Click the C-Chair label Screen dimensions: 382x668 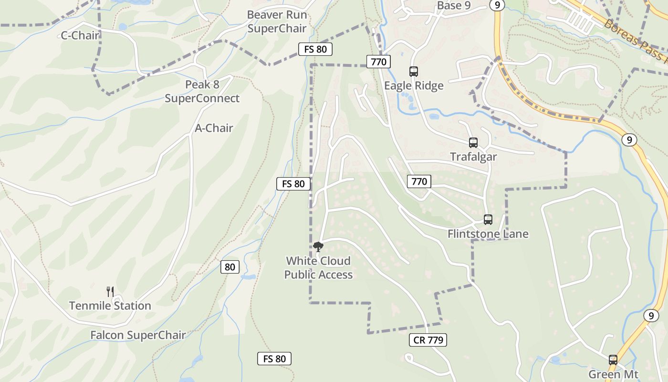[80, 35]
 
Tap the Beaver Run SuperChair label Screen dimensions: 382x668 [277, 21]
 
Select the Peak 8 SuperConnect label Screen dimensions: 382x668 [202, 91]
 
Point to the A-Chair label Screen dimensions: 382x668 [214, 128]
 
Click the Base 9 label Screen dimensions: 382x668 [457, 6]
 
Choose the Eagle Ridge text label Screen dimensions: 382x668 [414, 85]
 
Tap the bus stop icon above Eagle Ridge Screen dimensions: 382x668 [414, 72]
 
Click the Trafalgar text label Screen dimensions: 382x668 [473, 157]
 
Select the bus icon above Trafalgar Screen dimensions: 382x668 [473, 142]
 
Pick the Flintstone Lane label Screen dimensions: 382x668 [488, 233]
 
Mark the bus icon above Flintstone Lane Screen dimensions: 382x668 [488, 220]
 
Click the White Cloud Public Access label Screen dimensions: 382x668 [318, 267]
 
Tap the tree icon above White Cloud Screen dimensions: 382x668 [318, 246]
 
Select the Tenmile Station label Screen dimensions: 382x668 [110, 306]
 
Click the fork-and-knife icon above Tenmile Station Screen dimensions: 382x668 [110, 291]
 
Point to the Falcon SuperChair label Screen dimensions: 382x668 [138, 335]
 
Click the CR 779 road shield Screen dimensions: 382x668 [428, 340]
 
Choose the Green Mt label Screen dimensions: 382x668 [613, 374]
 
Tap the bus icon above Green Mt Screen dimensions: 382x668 [613, 360]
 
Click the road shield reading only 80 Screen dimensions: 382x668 [230, 267]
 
